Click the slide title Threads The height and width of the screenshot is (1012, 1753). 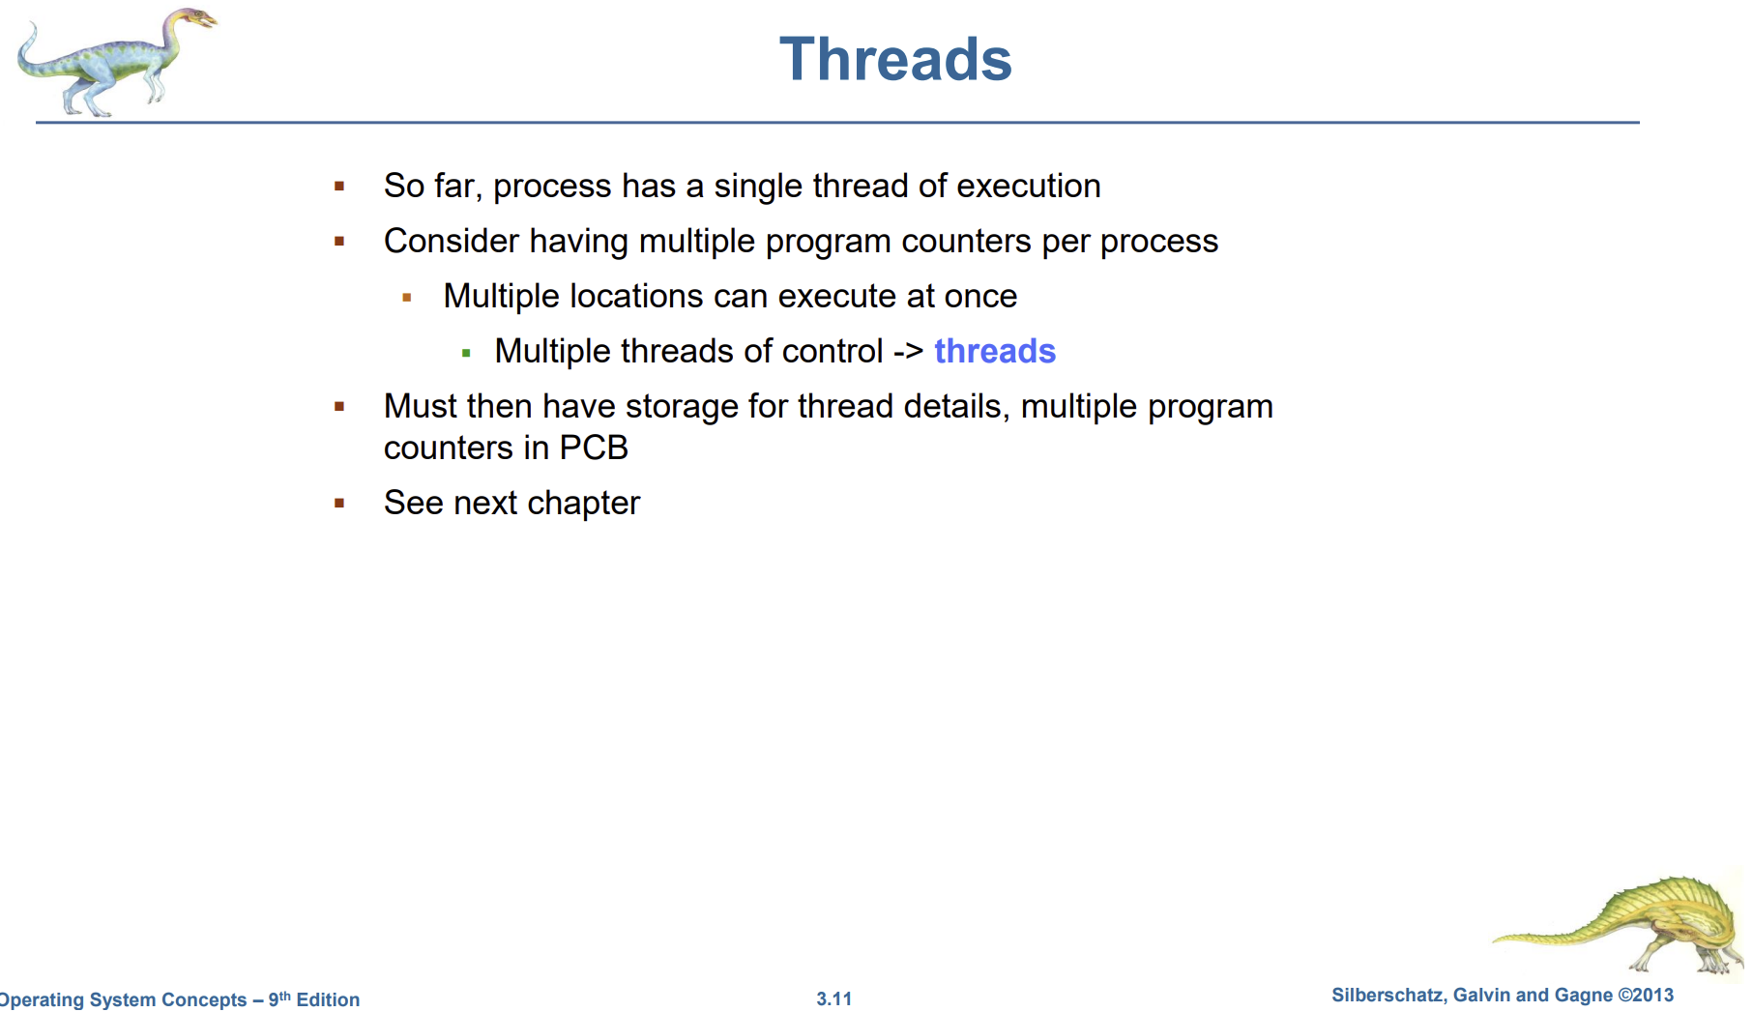(895, 59)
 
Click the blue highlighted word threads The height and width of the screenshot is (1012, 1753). (995, 351)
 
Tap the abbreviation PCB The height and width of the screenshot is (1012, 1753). (594, 448)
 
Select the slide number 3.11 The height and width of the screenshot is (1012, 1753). (834, 998)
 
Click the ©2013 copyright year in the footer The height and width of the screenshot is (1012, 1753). (1646, 995)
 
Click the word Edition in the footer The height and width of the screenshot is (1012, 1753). (328, 999)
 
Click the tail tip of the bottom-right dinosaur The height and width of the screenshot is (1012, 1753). (1496, 939)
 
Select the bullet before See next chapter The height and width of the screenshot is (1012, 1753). (339, 503)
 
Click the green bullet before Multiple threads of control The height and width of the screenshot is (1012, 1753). (466, 354)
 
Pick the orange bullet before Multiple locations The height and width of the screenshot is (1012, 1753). (407, 298)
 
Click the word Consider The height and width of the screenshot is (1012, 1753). (452, 241)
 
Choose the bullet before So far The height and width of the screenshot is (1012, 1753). (339, 186)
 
